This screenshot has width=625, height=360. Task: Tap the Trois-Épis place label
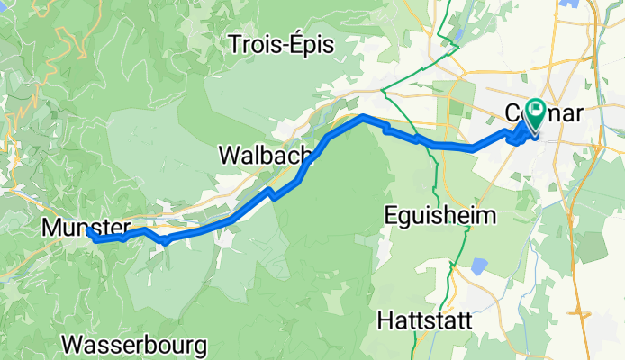(x=281, y=43)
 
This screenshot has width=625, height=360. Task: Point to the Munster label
(x=85, y=228)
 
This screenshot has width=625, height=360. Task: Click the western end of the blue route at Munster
(x=90, y=233)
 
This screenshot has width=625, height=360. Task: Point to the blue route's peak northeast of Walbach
(x=362, y=117)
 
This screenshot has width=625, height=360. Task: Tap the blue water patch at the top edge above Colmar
(x=570, y=4)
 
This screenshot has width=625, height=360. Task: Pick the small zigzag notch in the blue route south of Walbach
(x=270, y=193)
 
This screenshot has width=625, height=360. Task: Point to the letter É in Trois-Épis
(x=294, y=42)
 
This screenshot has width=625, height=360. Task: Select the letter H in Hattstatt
(x=385, y=320)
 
